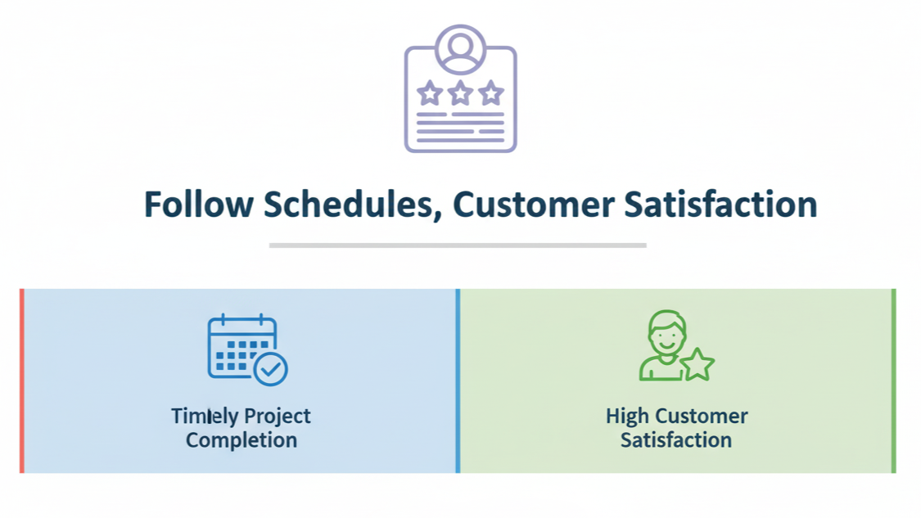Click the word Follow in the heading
(x=199, y=205)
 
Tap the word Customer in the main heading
(x=533, y=205)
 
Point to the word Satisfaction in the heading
(x=720, y=205)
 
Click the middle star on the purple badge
(x=460, y=92)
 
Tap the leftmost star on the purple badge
(x=430, y=92)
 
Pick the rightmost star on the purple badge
(x=491, y=92)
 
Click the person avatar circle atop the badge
(x=460, y=49)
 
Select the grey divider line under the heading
(x=458, y=245)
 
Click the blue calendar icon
(x=247, y=349)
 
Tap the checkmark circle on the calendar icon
(x=271, y=369)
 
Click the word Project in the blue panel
(x=278, y=417)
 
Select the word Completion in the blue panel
(x=242, y=440)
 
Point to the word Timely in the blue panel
(x=205, y=417)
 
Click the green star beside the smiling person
(x=698, y=365)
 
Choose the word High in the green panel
(x=627, y=417)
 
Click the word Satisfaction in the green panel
(x=676, y=440)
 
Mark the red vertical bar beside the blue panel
(x=22, y=381)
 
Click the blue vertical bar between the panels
(x=458, y=381)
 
